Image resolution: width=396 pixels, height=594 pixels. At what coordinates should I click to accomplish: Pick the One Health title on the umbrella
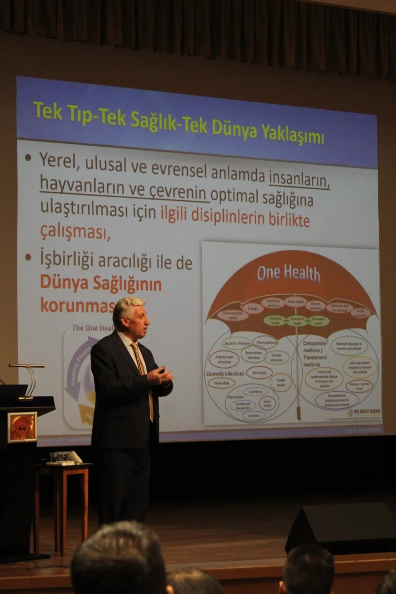pos(288,273)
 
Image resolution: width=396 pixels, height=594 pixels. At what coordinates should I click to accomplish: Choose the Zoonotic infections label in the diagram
pos(226,373)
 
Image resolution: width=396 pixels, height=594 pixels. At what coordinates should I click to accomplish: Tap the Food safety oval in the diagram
pos(221,383)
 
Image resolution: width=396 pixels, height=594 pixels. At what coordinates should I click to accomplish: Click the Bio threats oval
pos(259,373)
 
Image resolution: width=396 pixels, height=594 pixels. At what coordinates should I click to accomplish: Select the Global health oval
pos(281,381)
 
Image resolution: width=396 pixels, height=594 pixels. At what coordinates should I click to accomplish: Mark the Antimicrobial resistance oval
pos(224,359)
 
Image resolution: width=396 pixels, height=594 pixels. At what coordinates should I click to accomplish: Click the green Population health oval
pos(297,320)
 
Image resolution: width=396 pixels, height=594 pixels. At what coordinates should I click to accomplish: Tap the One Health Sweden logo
pos(364,412)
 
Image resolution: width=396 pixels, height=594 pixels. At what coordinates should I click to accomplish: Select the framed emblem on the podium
pos(22,427)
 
